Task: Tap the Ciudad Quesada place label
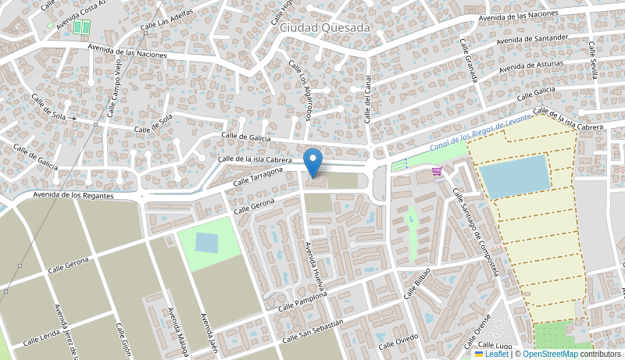(324, 27)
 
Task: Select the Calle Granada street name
(468, 61)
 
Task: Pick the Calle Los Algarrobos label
(299, 91)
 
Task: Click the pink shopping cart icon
(437, 172)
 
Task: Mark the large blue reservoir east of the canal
(514, 176)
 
